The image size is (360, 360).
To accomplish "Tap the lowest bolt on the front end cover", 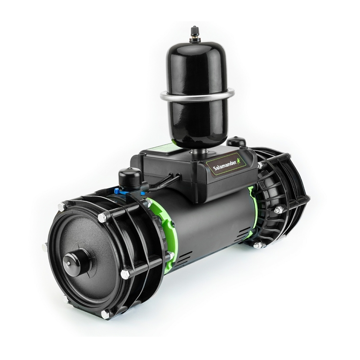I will pos(106,314).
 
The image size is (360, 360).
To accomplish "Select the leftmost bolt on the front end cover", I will pos(45,247).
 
